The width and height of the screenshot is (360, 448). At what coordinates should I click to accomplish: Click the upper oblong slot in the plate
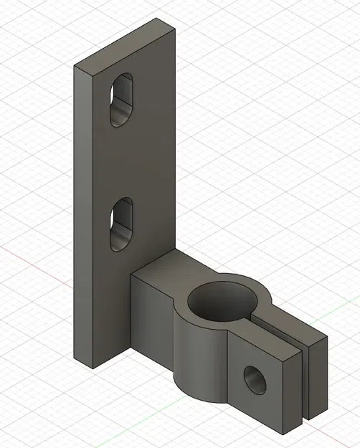(x=123, y=100)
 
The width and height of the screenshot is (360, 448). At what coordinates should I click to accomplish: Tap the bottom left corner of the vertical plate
(x=94, y=366)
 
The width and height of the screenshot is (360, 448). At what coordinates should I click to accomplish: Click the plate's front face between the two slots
(x=122, y=161)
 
